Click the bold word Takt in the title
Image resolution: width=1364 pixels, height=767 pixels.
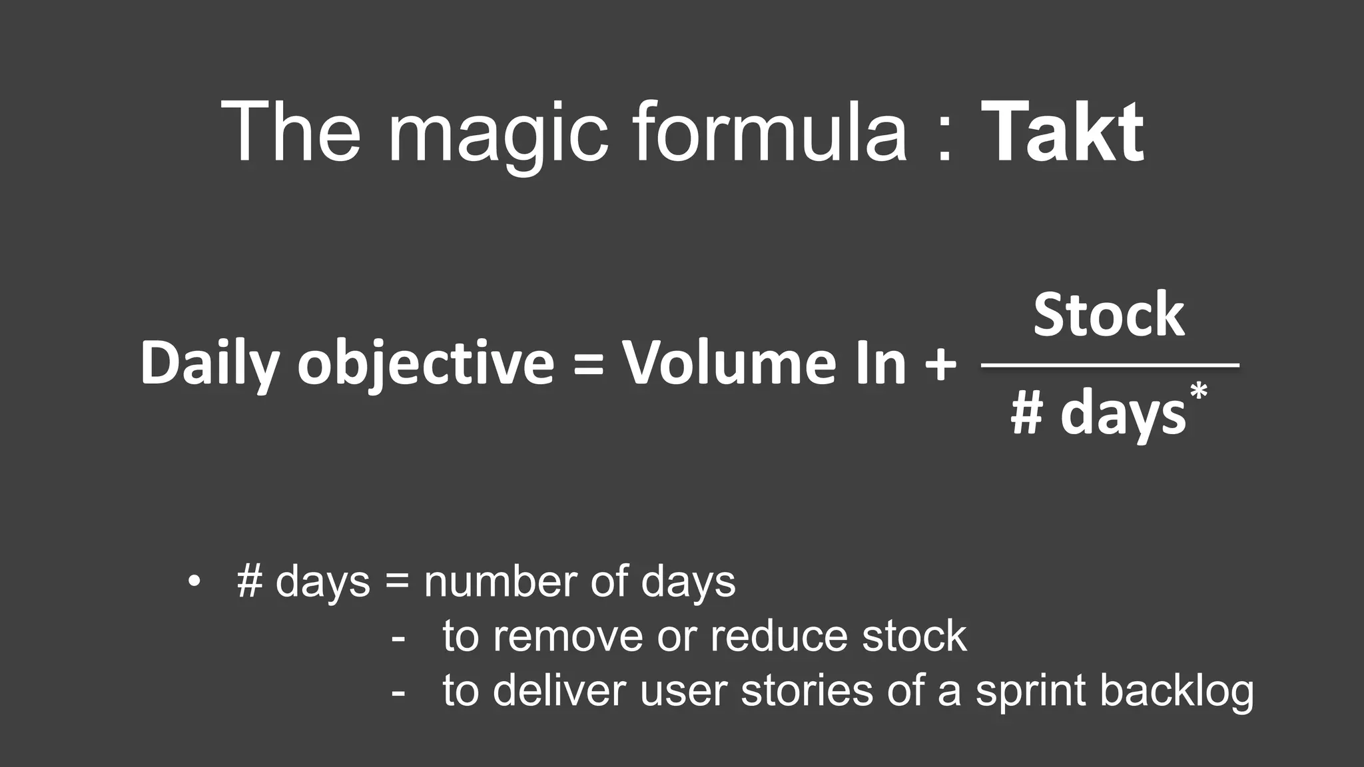(1062, 132)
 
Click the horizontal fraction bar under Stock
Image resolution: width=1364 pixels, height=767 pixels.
(1110, 365)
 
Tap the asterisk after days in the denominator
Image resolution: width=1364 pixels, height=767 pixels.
(1199, 392)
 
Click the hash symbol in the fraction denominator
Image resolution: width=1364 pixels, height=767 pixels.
(1026, 415)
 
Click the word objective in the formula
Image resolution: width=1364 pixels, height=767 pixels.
(426, 364)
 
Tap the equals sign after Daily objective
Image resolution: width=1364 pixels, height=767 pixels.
(588, 366)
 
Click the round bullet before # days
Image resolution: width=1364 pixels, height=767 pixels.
(194, 581)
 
